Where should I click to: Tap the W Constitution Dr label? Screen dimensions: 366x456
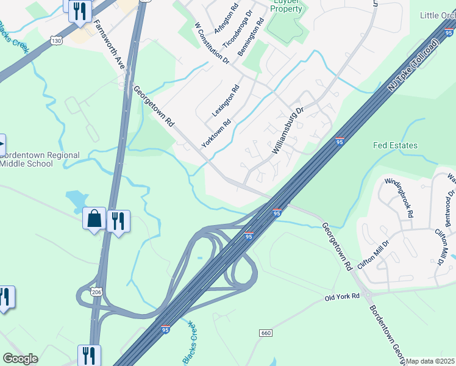coord(211,43)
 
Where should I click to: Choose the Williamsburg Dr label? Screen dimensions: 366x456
coord(288,130)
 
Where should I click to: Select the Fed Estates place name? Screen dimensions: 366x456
coord(395,145)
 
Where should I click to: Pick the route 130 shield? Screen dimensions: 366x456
coord(56,40)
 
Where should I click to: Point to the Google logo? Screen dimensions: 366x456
coord(20,359)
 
